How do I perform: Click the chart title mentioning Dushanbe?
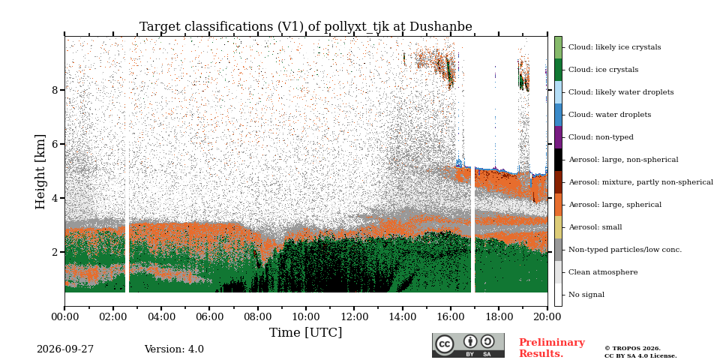pyautogui.click(x=306, y=27)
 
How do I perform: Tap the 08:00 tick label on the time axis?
pyautogui.click(x=257, y=317)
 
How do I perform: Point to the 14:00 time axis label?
pyautogui.click(x=403, y=317)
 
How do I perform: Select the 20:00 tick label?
pyautogui.click(x=547, y=317)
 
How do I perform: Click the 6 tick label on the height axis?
pyautogui.click(x=55, y=144)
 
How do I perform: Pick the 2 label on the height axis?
pyautogui.click(x=55, y=252)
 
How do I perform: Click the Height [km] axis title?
pyautogui.click(x=40, y=172)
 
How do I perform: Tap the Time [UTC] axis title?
pyautogui.click(x=306, y=332)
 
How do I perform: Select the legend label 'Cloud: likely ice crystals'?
pyautogui.click(x=615, y=47)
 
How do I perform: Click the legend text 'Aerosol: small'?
pyautogui.click(x=595, y=227)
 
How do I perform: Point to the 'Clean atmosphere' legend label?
pyautogui.click(x=603, y=272)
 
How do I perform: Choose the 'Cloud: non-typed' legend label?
pyautogui.click(x=601, y=137)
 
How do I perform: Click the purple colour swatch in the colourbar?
pyautogui.click(x=558, y=137)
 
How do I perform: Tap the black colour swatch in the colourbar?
pyautogui.click(x=558, y=160)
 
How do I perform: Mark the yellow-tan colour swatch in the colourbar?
pyautogui.click(x=558, y=227)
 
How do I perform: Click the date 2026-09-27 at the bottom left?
pyautogui.click(x=65, y=349)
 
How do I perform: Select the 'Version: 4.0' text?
pyautogui.click(x=174, y=349)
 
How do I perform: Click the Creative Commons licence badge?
pyautogui.click(x=468, y=345)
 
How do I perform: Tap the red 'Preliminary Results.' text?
pyautogui.click(x=552, y=348)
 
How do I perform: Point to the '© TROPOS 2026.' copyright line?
pyautogui.click(x=632, y=349)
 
